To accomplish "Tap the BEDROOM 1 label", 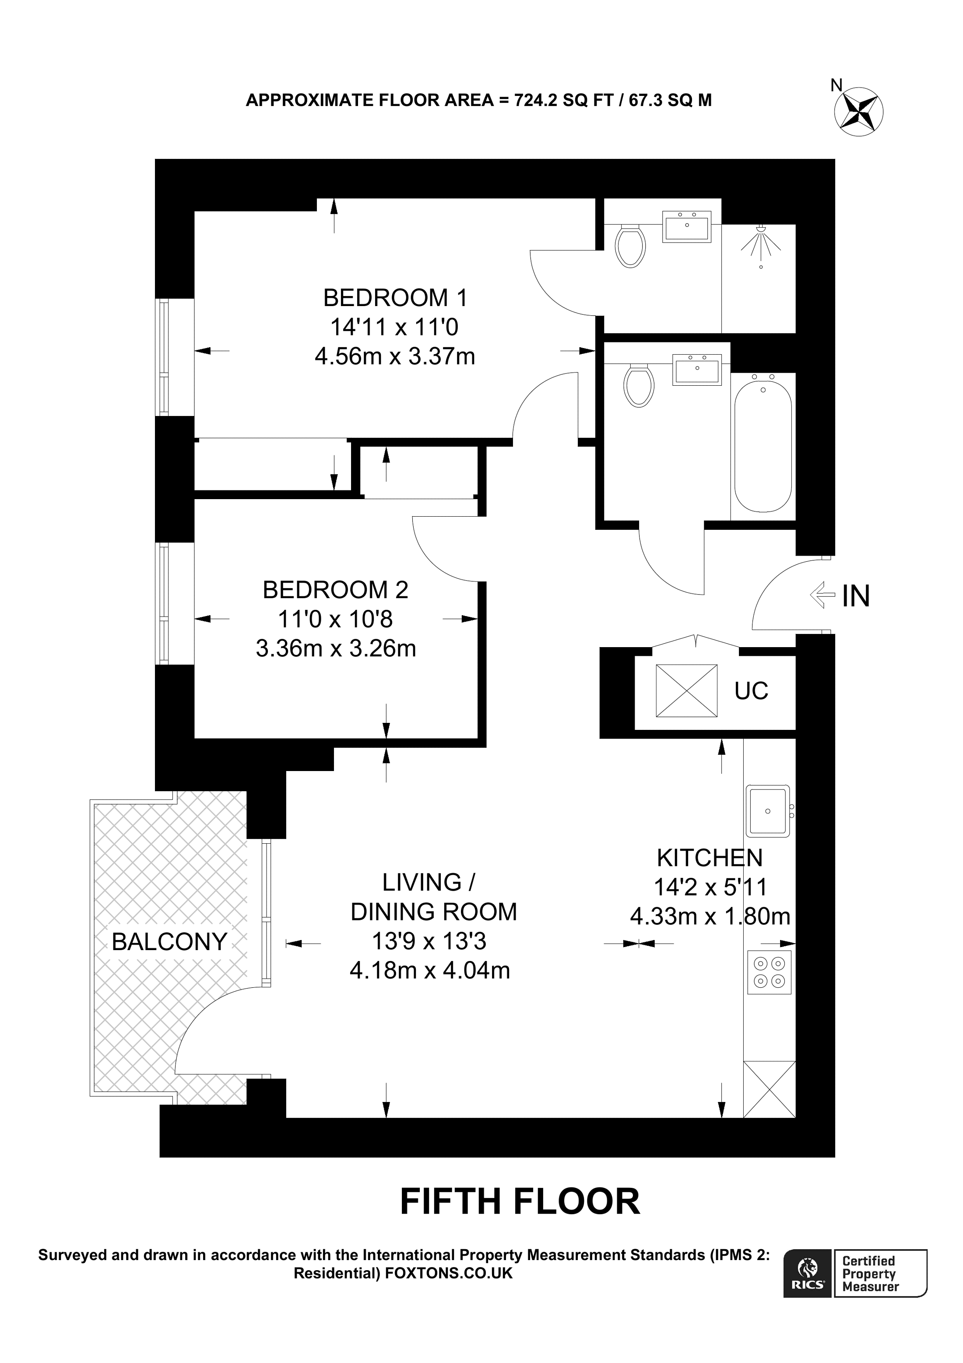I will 395,297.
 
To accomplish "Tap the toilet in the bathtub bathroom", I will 639,386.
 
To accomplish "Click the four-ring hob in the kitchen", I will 769,972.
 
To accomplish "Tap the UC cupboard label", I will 751,691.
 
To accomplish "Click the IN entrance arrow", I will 821,595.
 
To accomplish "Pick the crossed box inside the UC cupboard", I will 686,691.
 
